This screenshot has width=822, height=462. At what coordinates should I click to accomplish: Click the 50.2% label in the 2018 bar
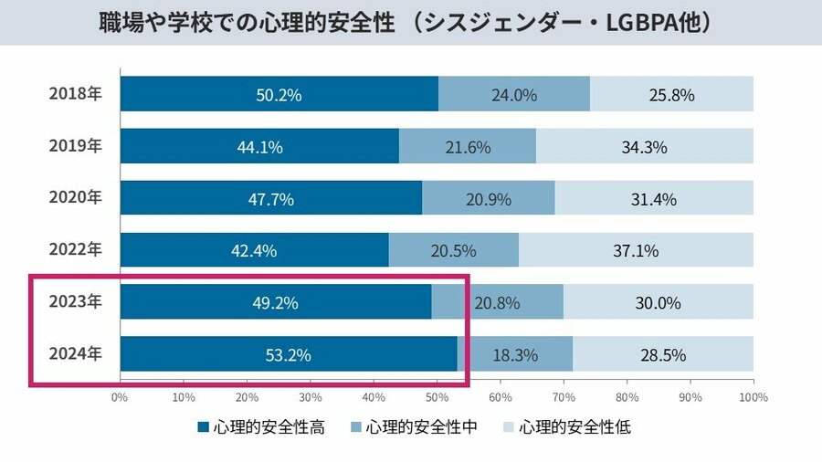(x=279, y=95)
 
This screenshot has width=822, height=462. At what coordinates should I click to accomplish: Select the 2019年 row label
(x=75, y=146)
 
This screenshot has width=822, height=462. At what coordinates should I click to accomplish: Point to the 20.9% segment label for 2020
(x=490, y=199)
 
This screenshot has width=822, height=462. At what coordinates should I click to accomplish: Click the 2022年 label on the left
(x=75, y=250)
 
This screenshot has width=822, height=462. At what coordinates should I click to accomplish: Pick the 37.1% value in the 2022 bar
(x=636, y=251)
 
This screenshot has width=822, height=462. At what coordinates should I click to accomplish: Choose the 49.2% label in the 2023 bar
(x=275, y=303)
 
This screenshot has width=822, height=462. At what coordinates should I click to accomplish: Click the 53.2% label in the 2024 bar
(x=289, y=355)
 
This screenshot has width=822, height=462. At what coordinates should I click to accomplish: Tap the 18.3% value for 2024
(x=515, y=355)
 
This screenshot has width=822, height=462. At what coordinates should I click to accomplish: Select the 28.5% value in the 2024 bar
(x=664, y=355)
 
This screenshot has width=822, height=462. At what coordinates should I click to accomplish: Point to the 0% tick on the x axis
(x=120, y=398)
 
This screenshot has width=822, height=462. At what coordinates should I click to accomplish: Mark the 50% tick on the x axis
(x=437, y=398)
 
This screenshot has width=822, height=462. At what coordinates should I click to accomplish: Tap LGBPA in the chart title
(x=630, y=24)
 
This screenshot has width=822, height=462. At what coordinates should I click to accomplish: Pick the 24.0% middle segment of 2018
(x=513, y=95)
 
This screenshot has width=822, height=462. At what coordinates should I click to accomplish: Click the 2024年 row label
(x=75, y=354)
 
